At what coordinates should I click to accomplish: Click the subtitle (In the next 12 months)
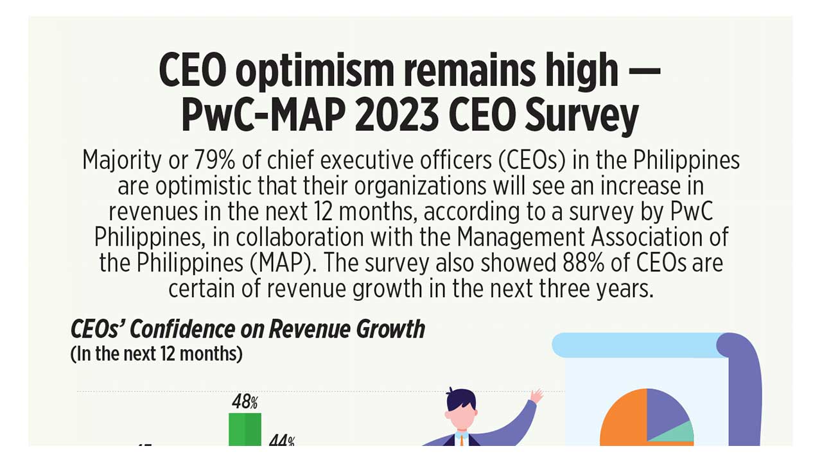point(156,354)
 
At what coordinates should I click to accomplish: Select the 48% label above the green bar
point(245,402)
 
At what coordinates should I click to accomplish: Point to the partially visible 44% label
point(281,441)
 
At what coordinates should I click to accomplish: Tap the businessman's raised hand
point(536,395)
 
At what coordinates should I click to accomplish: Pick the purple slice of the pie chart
point(667,414)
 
